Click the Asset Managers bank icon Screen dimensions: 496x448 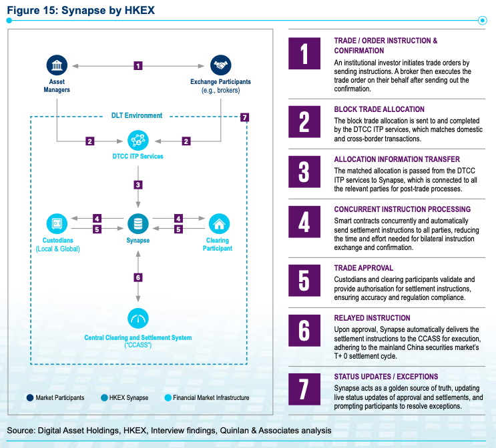57,65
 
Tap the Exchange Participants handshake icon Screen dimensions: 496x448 221,65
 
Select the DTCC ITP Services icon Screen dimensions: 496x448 138,140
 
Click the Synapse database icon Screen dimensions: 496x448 138,224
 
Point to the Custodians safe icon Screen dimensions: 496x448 57,224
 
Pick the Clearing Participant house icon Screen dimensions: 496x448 219,224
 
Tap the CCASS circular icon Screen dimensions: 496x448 138,318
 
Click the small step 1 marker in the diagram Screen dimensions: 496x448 138,66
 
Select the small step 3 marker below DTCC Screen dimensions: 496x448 138,185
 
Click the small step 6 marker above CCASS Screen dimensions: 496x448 138,277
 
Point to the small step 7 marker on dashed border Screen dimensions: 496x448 244,117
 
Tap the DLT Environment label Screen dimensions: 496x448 137,115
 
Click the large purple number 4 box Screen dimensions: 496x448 304,222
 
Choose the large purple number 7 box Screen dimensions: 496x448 304,389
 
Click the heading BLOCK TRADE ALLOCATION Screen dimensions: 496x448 379,109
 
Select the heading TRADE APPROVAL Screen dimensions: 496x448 364,268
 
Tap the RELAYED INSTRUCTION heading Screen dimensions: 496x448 373,318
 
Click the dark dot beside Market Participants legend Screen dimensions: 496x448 30,398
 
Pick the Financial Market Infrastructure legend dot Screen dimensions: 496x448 168,398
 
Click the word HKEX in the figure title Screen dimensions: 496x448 140,10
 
